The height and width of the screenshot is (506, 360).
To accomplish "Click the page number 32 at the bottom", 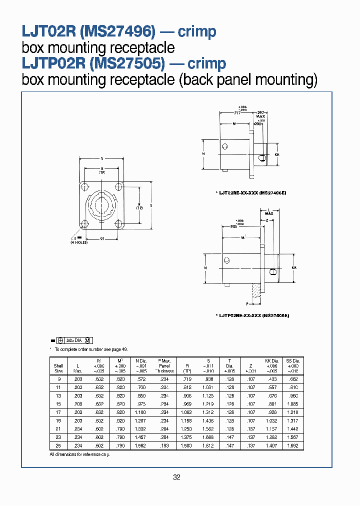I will point(176,477).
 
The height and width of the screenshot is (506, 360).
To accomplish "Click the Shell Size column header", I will point(58,368).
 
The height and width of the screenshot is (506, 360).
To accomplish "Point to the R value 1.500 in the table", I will point(186,445).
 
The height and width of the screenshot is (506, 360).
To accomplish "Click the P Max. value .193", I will point(164,445).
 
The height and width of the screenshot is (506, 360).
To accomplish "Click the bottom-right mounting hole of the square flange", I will point(119,223).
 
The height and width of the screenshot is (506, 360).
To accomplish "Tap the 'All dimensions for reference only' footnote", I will point(79,454).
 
